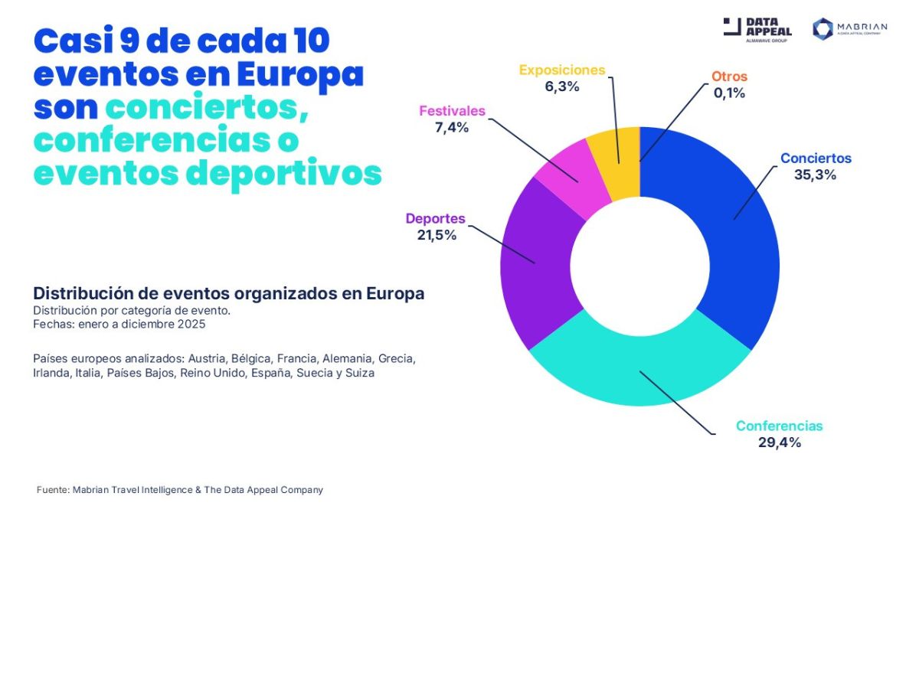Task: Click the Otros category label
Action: [x=729, y=77]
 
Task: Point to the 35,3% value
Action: [x=816, y=175]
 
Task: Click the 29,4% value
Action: [x=779, y=442]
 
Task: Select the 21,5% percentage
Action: [x=437, y=235]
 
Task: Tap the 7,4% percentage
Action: [x=452, y=127]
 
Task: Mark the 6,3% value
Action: [x=561, y=87]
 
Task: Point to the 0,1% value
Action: [x=728, y=93]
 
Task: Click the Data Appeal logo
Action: [x=757, y=29]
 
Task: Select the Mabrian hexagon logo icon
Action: [x=823, y=29]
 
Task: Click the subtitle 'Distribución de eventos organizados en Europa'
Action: [x=228, y=294]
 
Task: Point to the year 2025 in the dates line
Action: [x=192, y=324]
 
